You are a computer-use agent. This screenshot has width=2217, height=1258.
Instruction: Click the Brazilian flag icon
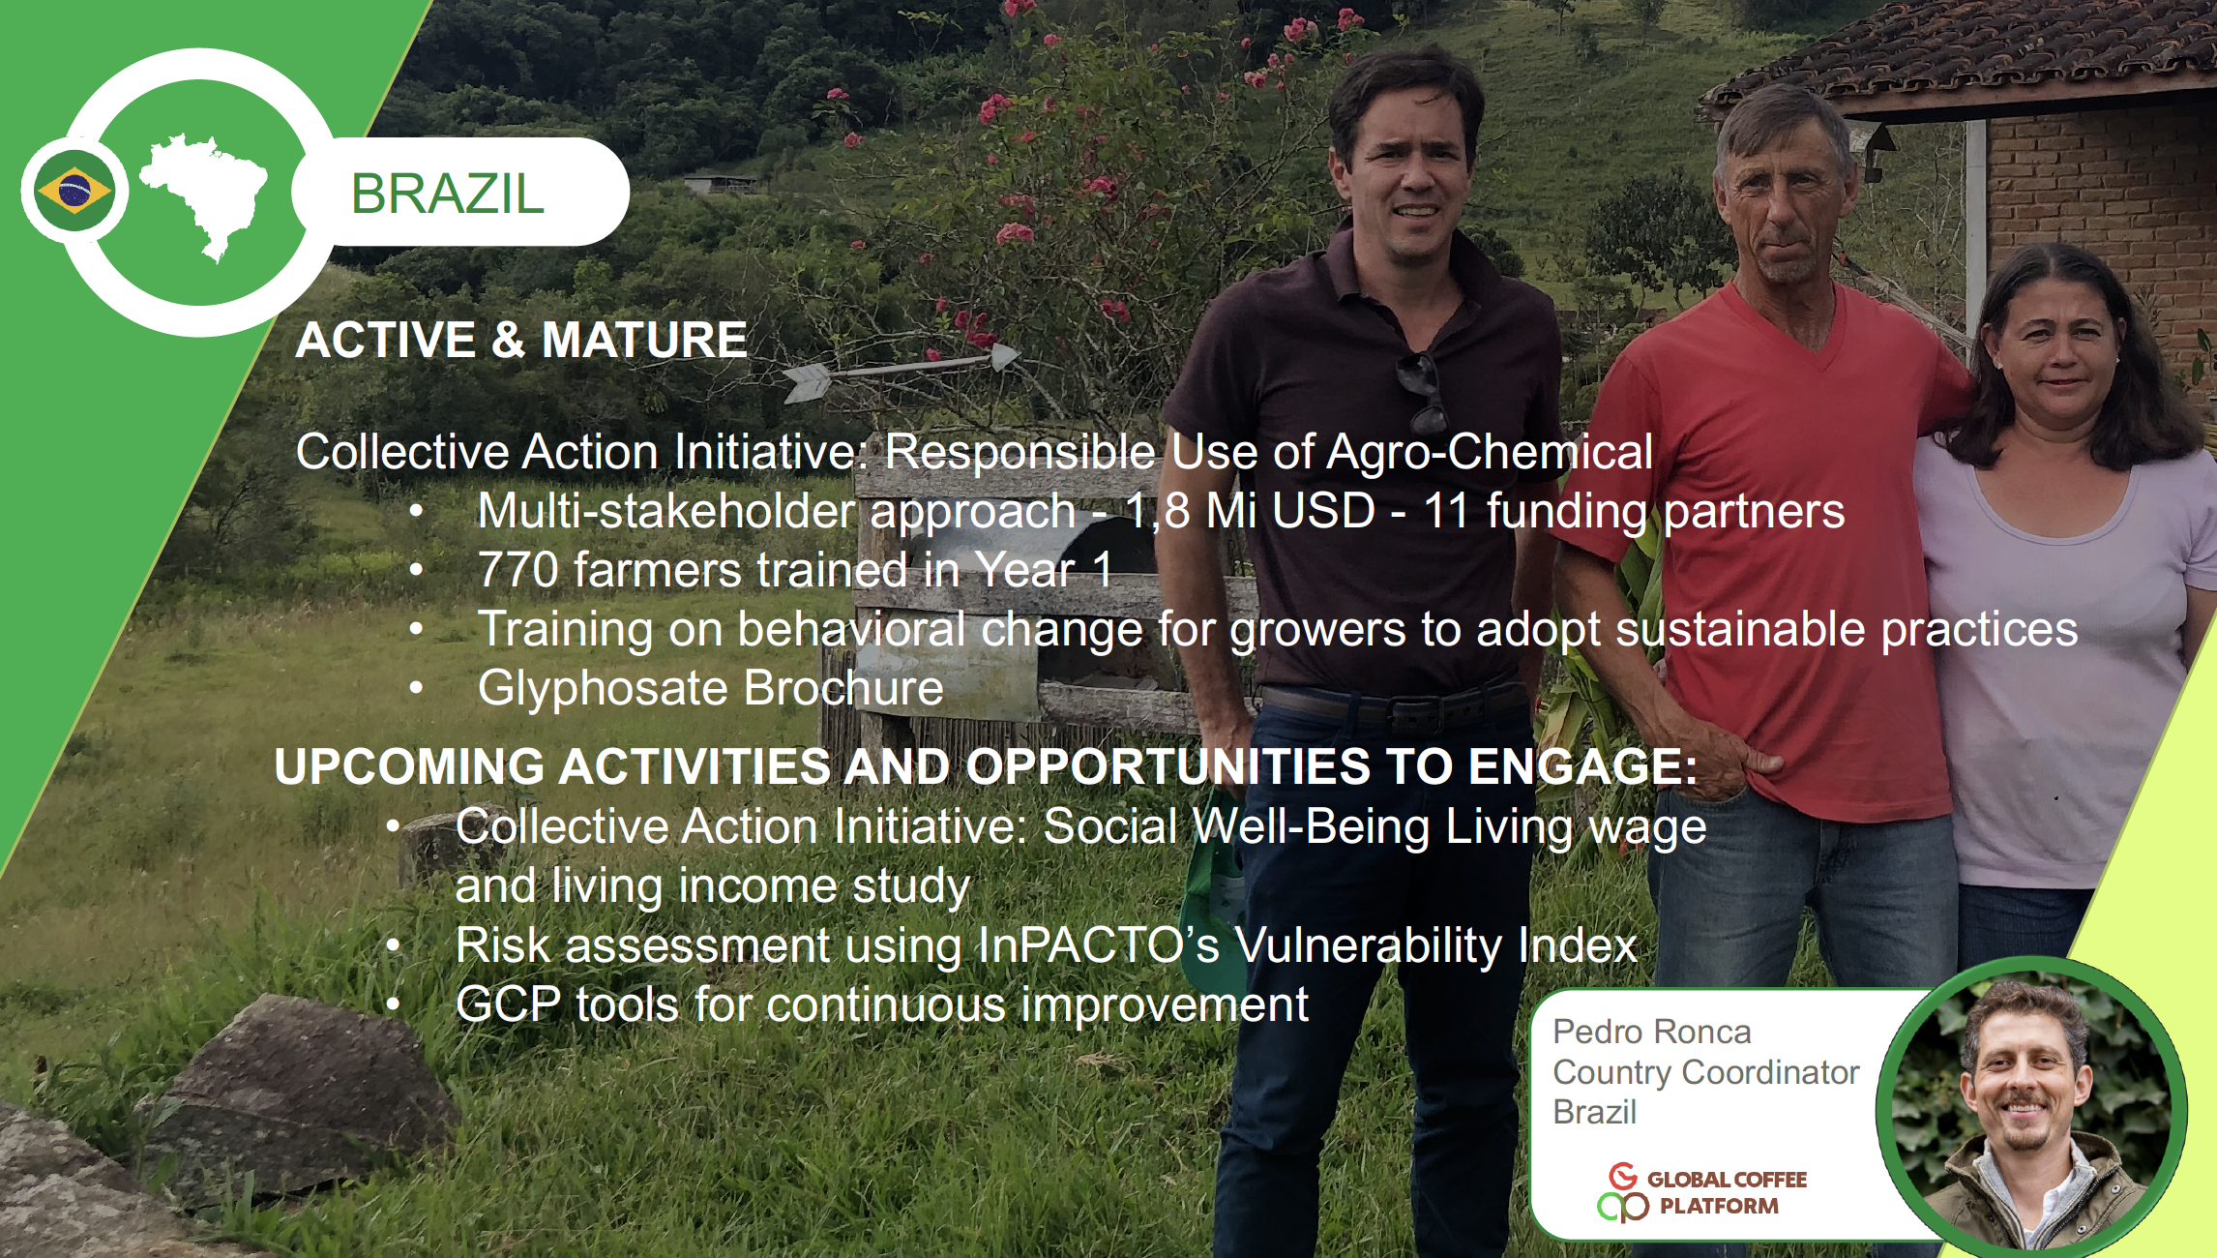74,191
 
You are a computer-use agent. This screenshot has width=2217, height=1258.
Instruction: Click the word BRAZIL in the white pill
447,194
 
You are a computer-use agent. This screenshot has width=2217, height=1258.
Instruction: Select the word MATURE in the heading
644,340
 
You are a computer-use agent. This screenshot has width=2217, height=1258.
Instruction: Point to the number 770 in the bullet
517,570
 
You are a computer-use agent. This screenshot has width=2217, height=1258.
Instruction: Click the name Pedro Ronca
1652,1032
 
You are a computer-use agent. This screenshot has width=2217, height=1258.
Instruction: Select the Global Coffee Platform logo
1702,1192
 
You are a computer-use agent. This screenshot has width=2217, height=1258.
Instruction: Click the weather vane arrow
900,370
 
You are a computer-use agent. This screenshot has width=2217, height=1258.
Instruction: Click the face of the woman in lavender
2060,348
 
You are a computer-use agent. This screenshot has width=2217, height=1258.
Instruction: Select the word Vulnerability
1369,945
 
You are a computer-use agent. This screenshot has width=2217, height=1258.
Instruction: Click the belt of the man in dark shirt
1393,706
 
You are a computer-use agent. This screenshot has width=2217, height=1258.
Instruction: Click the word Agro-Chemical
1490,452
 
